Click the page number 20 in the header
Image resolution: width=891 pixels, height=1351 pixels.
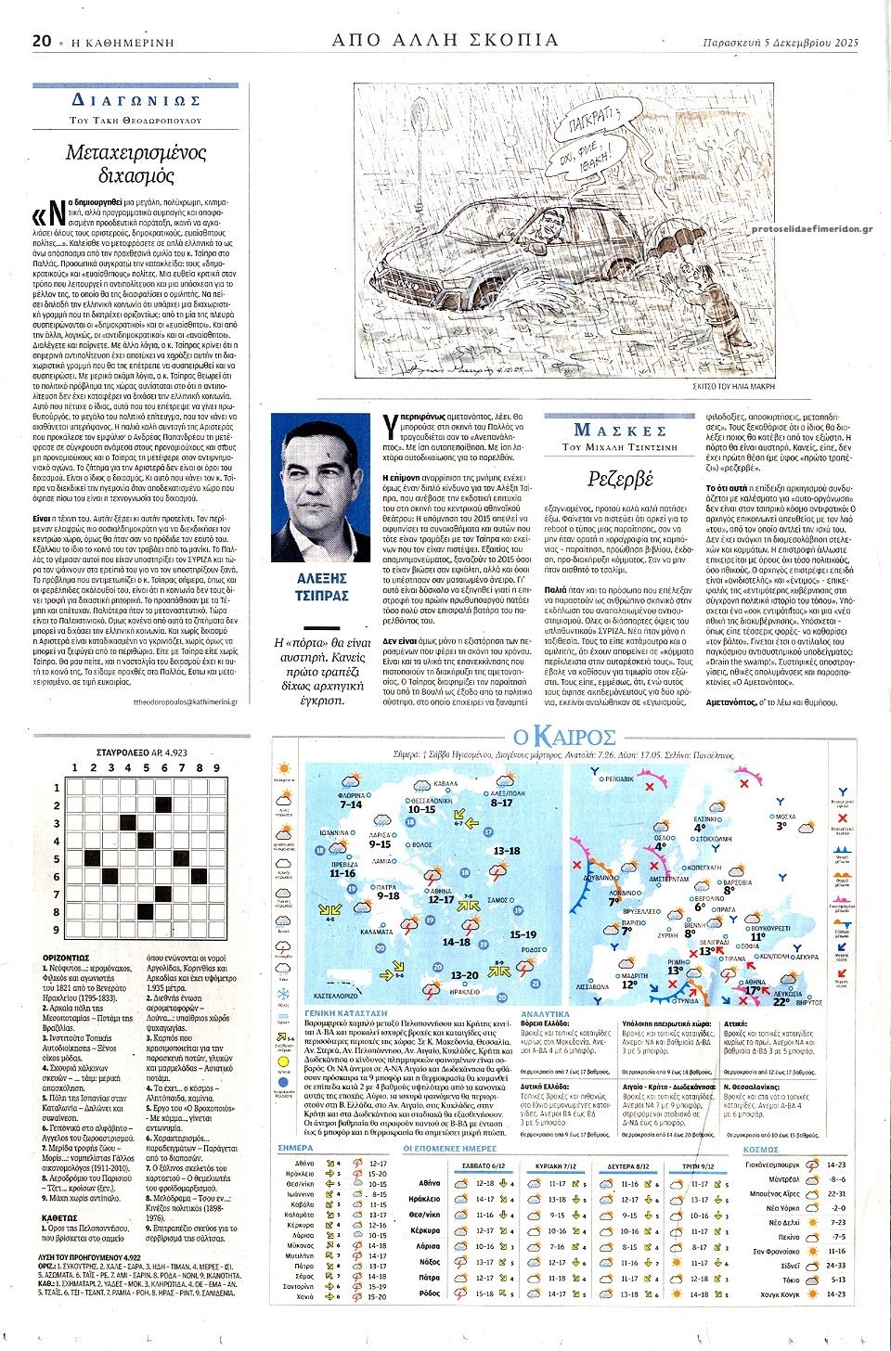pos(41,41)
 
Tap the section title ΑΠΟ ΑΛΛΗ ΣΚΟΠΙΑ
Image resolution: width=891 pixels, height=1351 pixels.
pos(445,40)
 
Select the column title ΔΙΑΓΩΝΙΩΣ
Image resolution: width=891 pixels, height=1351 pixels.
pos(136,100)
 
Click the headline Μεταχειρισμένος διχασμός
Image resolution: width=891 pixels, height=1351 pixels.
pos(136,163)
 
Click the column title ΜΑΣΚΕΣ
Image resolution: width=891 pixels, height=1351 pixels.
pos(620,430)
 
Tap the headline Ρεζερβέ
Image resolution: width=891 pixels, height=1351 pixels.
pos(620,479)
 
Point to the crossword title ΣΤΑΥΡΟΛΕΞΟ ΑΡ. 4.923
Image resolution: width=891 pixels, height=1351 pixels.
pos(142,753)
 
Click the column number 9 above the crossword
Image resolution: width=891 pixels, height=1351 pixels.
pos(216,768)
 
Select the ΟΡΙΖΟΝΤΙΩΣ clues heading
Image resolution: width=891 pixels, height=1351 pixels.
pos(66,957)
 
